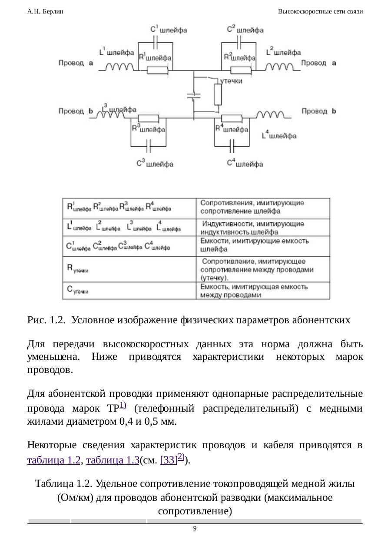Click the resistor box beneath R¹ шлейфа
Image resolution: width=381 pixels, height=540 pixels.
pos(157,70)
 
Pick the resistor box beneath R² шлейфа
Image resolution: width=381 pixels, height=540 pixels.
pos(240,70)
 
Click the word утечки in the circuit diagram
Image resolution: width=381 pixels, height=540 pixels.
pos(231,81)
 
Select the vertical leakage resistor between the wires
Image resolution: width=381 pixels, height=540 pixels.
pos(218,94)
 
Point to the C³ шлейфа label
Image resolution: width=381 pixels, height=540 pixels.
pos(155,164)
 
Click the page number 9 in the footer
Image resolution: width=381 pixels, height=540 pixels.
pos(195,528)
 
